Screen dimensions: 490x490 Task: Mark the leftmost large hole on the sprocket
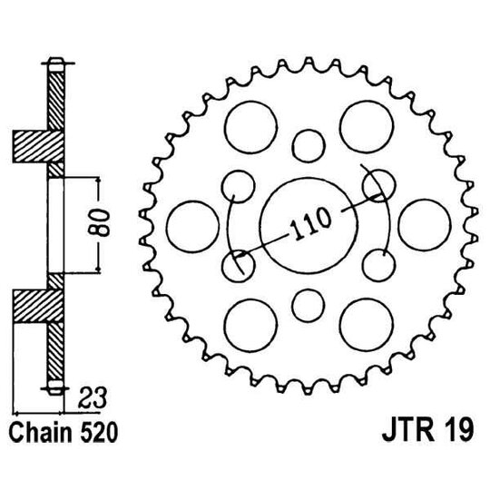pyautogui.click(x=191, y=222)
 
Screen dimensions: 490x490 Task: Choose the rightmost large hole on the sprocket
pyautogui.click(x=422, y=222)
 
